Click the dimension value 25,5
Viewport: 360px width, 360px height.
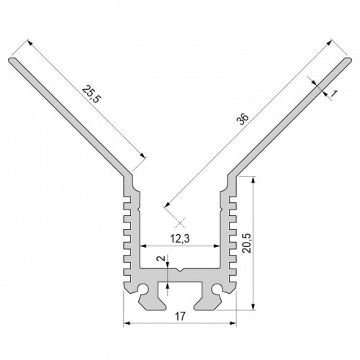coord(91,94)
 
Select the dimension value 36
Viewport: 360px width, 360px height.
coord(243,119)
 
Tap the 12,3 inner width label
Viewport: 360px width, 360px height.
coord(180,238)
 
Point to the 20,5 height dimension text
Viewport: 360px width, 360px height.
coord(246,243)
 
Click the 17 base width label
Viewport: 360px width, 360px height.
coord(180,316)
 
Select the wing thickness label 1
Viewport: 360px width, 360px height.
coord(334,94)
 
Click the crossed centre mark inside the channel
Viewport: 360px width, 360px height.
coord(180,223)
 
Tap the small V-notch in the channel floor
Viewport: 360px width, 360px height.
coord(180,270)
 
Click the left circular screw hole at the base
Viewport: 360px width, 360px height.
coord(143,289)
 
